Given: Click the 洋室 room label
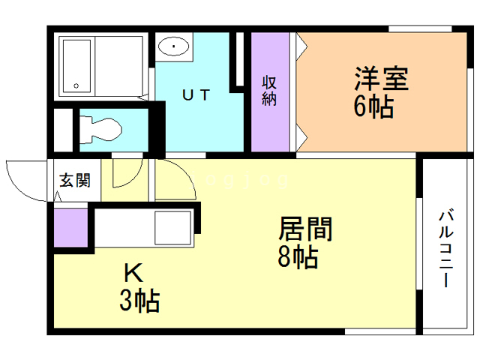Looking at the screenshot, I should point(381,79).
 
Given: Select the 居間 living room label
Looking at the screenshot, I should point(306,229).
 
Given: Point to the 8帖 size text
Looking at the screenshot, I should point(298,256).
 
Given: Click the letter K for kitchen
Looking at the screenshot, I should point(133,271).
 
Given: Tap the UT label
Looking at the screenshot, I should point(196,95).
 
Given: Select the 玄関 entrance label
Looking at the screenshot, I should point(75,180).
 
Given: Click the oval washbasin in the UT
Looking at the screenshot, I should point(175,46).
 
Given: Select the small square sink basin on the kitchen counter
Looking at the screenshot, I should point(172,226).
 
